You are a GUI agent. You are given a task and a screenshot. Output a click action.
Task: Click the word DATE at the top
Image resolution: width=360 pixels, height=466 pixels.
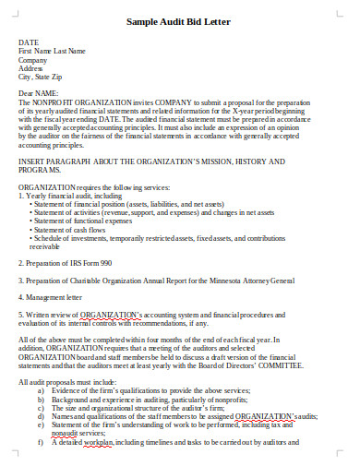click(29, 42)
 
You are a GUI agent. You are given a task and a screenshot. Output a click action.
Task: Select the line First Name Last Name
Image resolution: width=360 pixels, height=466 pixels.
click(52, 51)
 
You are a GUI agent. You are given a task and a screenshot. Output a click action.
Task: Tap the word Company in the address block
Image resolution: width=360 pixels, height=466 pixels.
click(33, 59)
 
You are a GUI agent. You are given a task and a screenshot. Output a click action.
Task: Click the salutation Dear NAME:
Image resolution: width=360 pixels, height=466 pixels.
click(39, 93)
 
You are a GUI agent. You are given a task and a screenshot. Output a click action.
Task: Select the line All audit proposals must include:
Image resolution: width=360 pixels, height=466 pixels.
click(66, 381)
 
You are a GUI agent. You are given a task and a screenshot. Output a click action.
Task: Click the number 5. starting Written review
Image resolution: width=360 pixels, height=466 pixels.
click(21, 314)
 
